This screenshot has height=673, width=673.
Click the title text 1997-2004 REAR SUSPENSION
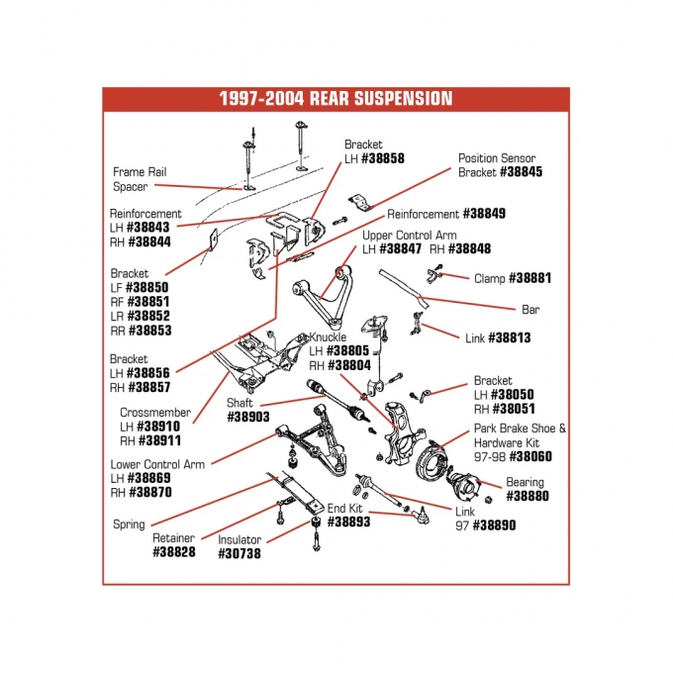(x=336, y=99)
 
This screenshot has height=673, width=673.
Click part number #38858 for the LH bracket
(x=382, y=158)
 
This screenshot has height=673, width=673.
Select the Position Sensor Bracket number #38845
(x=521, y=171)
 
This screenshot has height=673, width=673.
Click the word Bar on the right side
(x=530, y=309)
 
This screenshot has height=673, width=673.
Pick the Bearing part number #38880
(x=528, y=497)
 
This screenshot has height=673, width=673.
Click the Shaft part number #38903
(x=248, y=418)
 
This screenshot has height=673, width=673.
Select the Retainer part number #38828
(x=174, y=552)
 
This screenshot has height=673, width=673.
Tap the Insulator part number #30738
(x=240, y=554)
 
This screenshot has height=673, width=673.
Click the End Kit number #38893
(x=348, y=522)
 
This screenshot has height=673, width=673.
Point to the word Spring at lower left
(x=129, y=525)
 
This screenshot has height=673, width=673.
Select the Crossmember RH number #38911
(x=158, y=440)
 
